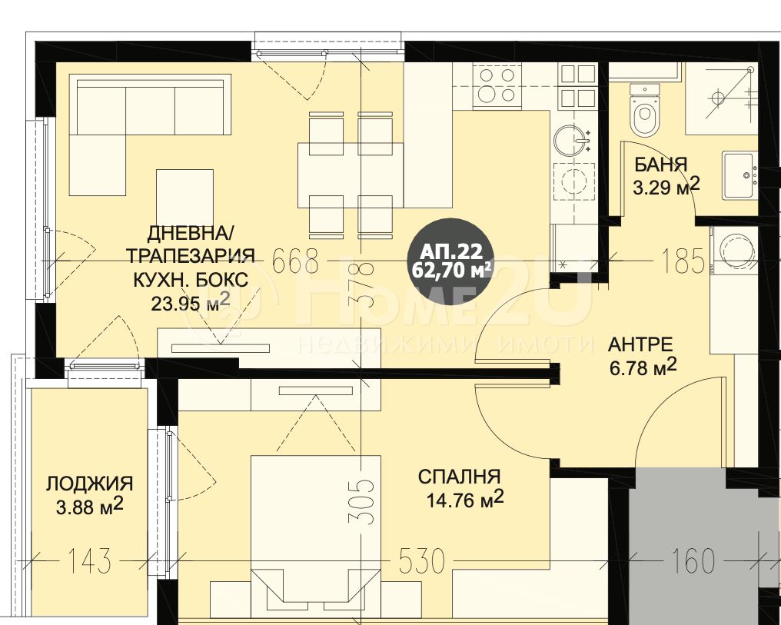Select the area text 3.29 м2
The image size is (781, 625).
[666, 187]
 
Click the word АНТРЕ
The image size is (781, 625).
[640, 344]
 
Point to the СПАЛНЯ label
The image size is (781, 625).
[459, 477]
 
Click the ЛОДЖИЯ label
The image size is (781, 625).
[90, 484]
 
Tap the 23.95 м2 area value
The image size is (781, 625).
[191, 302]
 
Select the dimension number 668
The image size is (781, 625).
[296, 261]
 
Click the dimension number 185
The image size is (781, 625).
[683, 261]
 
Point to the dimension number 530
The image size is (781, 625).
[422, 561]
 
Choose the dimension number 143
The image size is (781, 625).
[89, 561]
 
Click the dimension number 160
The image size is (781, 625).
[693, 561]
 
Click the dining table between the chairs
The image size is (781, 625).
[351, 175]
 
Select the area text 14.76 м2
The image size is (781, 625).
[465, 499]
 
